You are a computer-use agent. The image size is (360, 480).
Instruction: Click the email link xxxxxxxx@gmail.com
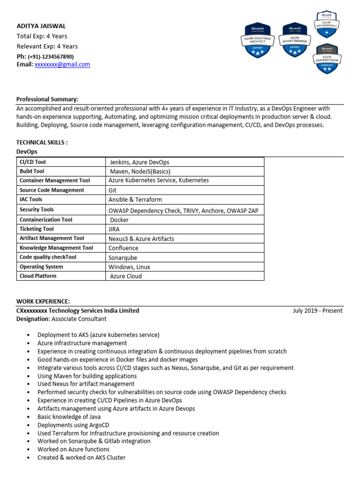click(x=62, y=65)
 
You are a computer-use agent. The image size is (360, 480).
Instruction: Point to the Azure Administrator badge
click(x=328, y=58)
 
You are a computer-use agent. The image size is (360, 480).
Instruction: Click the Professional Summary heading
click(x=47, y=99)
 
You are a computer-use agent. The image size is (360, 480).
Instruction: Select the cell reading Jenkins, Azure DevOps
click(x=139, y=162)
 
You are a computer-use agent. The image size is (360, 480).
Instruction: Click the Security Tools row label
click(x=37, y=210)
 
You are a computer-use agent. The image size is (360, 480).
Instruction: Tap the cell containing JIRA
click(x=114, y=229)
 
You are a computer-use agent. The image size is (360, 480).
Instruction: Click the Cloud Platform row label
click(x=38, y=276)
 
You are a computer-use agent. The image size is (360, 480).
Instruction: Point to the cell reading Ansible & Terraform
click(x=135, y=200)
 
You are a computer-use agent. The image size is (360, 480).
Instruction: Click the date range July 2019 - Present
click(x=317, y=311)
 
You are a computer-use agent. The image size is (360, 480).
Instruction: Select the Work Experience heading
click(x=43, y=301)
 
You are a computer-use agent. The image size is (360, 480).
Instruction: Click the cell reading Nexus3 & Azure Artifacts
click(x=141, y=239)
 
